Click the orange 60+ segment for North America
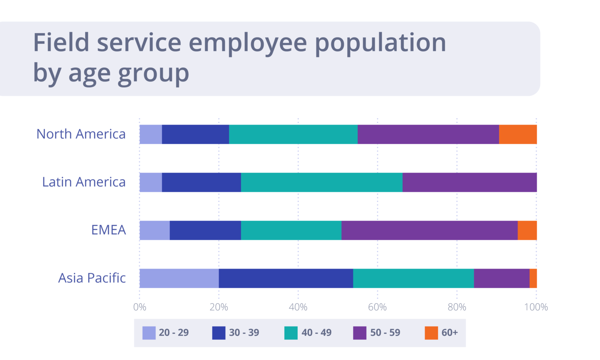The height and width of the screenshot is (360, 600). pyautogui.click(x=518, y=134)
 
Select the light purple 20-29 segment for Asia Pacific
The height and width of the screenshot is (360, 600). pyautogui.click(x=179, y=278)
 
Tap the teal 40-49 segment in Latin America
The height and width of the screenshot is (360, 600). pyautogui.click(x=321, y=182)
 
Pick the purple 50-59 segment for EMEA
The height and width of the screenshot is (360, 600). pyautogui.click(x=429, y=230)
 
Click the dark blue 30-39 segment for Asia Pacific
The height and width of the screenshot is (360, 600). pyautogui.click(x=286, y=278)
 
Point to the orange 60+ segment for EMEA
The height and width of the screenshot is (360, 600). pyautogui.click(x=527, y=230)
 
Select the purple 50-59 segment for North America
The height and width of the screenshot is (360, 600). pyautogui.click(x=428, y=134)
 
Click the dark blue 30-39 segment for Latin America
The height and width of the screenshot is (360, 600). pyautogui.click(x=201, y=182)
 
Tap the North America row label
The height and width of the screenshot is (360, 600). pyautogui.click(x=81, y=134)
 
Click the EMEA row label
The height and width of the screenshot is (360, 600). pyautogui.click(x=109, y=230)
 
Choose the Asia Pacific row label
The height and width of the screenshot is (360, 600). pyautogui.click(x=92, y=278)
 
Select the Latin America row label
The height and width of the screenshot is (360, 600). pyautogui.click(x=84, y=182)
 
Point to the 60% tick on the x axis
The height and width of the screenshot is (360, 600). pyautogui.click(x=377, y=307)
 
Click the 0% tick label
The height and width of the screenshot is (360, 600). pyautogui.click(x=139, y=307)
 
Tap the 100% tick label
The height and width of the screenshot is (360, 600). pyautogui.click(x=536, y=307)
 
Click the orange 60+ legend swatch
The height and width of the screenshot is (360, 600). pyautogui.click(x=431, y=333)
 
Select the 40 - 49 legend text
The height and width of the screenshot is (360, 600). pyautogui.click(x=316, y=333)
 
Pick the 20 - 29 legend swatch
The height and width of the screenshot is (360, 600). pyautogui.click(x=149, y=333)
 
